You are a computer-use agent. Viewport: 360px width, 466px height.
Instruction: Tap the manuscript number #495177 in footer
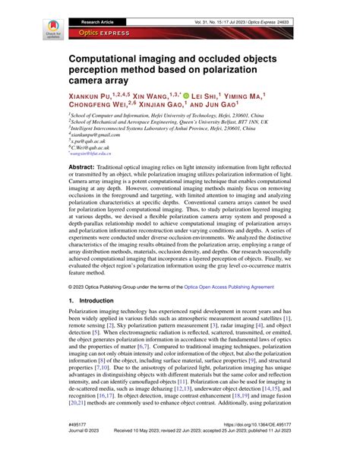click(80, 445)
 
